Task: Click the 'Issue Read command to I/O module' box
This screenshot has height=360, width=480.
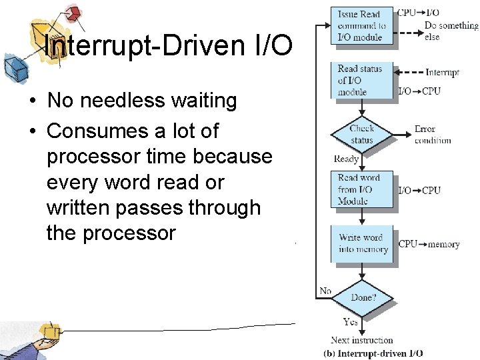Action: pyautogui.click(x=362, y=25)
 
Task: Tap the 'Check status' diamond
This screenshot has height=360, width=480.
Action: pyautogui.click(x=361, y=134)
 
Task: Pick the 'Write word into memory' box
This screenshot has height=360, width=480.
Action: pyautogui.click(x=363, y=243)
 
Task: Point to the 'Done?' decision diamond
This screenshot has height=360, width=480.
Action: pyautogui.click(x=363, y=297)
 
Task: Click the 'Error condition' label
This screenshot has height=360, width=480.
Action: pyautogui.click(x=433, y=134)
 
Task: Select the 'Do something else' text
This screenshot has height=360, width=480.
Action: pyautogui.click(x=451, y=31)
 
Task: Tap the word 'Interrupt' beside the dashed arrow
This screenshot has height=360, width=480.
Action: pyautogui.click(x=442, y=73)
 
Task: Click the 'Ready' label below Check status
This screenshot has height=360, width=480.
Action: pyautogui.click(x=346, y=159)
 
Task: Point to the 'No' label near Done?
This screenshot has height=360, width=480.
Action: pyautogui.click(x=325, y=291)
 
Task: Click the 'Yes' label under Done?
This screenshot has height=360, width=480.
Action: pyautogui.click(x=351, y=322)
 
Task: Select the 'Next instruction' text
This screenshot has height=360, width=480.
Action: pyautogui.click(x=362, y=340)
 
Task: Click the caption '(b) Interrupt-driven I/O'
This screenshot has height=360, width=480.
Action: pyautogui.click(x=373, y=353)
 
